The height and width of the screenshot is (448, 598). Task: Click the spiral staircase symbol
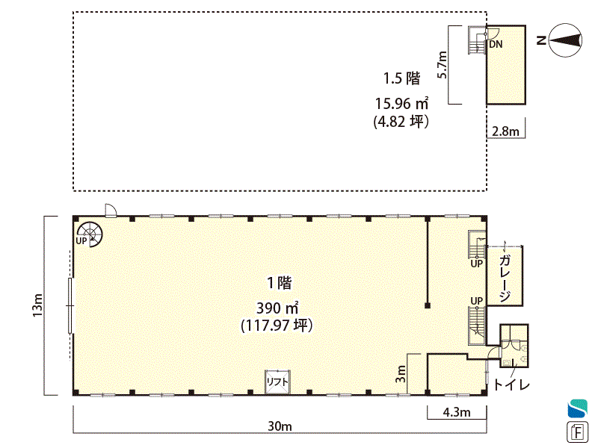(x=90, y=234)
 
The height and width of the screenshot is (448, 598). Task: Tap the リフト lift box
(x=277, y=382)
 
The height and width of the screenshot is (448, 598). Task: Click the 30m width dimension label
(x=280, y=426)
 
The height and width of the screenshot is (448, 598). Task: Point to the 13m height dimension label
(x=38, y=305)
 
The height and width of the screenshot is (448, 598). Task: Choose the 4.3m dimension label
(x=457, y=412)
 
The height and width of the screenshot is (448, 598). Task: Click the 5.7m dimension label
(x=442, y=65)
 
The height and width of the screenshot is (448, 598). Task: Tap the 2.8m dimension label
(x=505, y=131)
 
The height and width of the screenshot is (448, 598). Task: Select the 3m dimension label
(x=401, y=374)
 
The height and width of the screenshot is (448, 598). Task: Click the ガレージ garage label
(x=505, y=278)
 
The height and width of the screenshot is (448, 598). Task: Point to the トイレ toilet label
(x=511, y=385)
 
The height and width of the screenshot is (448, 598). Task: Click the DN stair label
(x=496, y=44)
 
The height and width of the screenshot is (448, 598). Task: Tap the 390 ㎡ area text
(x=277, y=308)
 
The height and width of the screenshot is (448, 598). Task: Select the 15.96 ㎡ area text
(x=401, y=103)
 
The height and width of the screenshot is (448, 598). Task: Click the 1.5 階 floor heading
(x=401, y=78)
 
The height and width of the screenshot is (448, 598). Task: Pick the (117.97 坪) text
(x=277, y=326)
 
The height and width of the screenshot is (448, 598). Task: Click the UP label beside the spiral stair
(x=81, y=241)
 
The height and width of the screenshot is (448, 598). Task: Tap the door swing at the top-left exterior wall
(x=111, y=210)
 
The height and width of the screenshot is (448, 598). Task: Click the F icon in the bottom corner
(x=578, y=432)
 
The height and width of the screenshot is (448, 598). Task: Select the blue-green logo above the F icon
(x=577, y=408)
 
